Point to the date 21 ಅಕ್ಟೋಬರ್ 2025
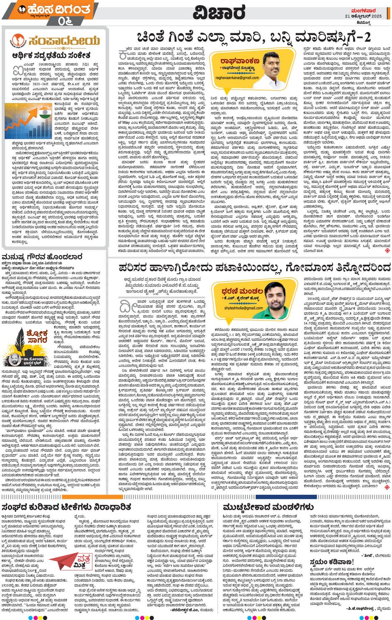click(x=363, y=16)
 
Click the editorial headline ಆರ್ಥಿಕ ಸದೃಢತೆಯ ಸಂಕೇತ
click(x=51, y=55)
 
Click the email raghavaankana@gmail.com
click(x=237, y=78)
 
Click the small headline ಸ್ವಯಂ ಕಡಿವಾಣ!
click(x=331, y=562)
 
